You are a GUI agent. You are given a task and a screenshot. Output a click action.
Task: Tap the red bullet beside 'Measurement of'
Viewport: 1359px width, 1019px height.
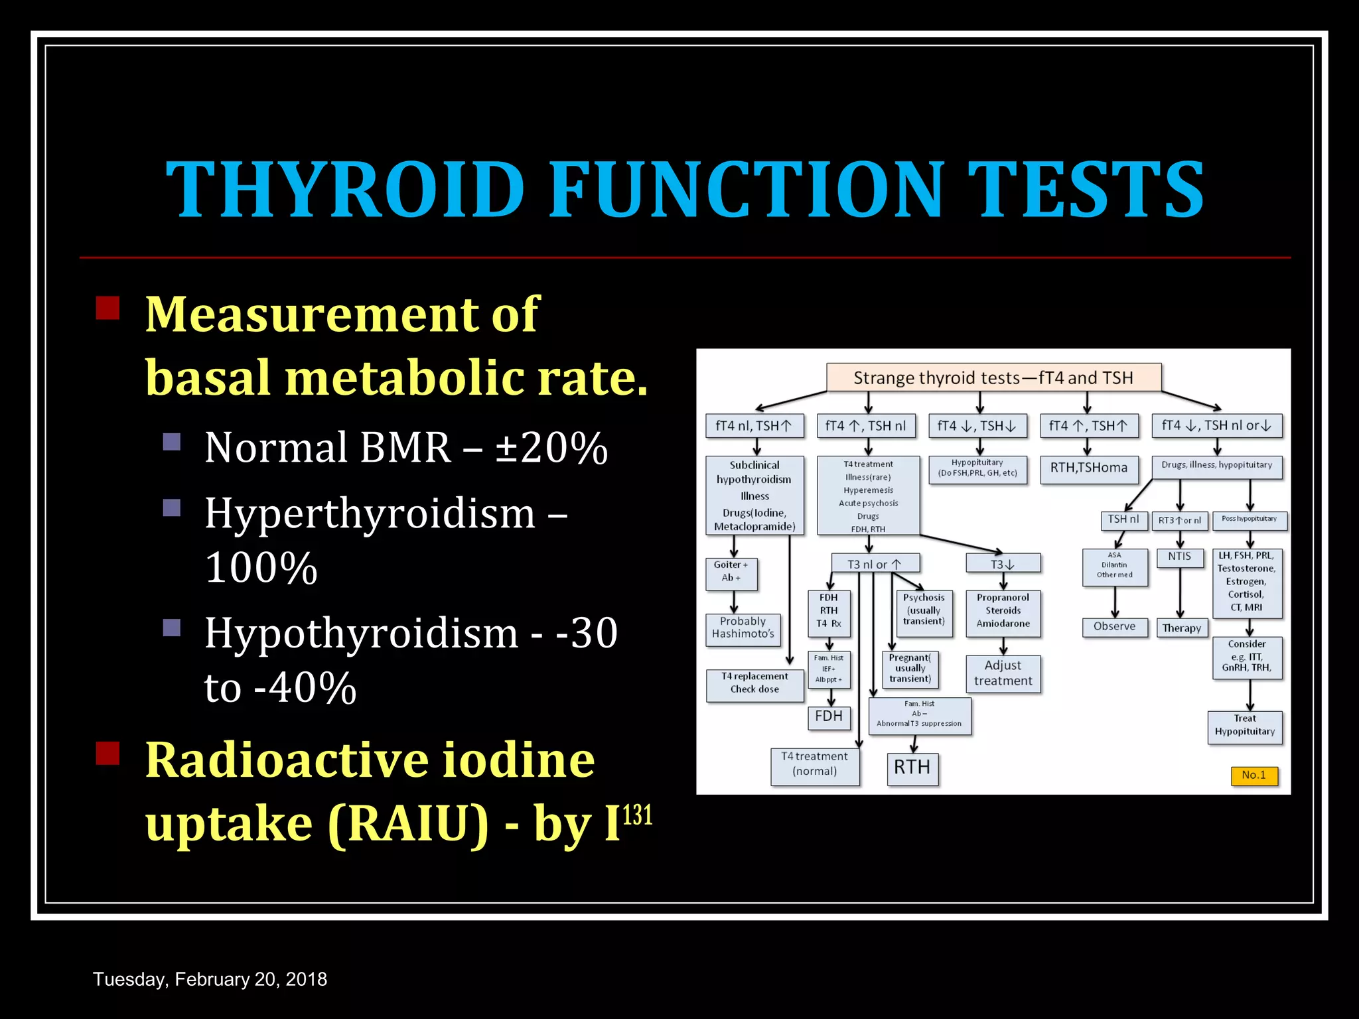coord(107,308)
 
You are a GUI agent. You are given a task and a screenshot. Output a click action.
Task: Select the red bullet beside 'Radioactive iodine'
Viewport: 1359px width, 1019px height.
coord(107,754)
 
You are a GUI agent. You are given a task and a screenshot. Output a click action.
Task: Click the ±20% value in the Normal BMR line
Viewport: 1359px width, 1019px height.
coord(551,448)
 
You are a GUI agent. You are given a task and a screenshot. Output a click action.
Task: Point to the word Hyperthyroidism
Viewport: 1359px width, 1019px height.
coord(370,514)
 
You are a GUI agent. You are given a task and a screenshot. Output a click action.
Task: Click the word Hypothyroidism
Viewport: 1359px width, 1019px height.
coord(361,634)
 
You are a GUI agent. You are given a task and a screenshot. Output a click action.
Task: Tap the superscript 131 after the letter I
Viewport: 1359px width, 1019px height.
coord(638,815)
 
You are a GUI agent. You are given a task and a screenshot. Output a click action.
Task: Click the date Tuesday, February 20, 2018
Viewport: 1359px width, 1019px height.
coord(210,979)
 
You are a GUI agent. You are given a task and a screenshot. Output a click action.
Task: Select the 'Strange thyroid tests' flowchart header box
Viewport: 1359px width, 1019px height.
coord(993,377)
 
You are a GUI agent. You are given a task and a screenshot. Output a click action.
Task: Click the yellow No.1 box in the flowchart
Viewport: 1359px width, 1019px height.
coord(1253,775)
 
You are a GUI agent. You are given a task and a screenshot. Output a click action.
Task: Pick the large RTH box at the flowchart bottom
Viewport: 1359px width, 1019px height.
coord(912,768)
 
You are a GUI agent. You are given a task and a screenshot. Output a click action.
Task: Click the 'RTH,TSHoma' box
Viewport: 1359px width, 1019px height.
coord(1088,468)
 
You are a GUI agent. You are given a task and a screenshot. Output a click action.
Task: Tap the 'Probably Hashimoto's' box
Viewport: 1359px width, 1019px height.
coord(743,628)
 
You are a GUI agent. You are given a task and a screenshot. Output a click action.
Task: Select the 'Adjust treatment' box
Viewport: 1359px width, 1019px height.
coord(1003,673)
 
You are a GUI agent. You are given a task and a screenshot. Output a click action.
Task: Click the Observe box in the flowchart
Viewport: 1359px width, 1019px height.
coord(1114,626)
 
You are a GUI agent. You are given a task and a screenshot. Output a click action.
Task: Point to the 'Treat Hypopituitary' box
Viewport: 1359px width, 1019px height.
coord(1245,726)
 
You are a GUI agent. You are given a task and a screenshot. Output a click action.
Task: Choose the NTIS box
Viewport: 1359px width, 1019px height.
coord(1179,557)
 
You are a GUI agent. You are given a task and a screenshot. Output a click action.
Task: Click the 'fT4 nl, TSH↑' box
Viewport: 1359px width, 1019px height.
coord(754,426)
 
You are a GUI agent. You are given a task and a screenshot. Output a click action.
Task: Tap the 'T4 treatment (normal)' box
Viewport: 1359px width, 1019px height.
coord(814,764)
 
